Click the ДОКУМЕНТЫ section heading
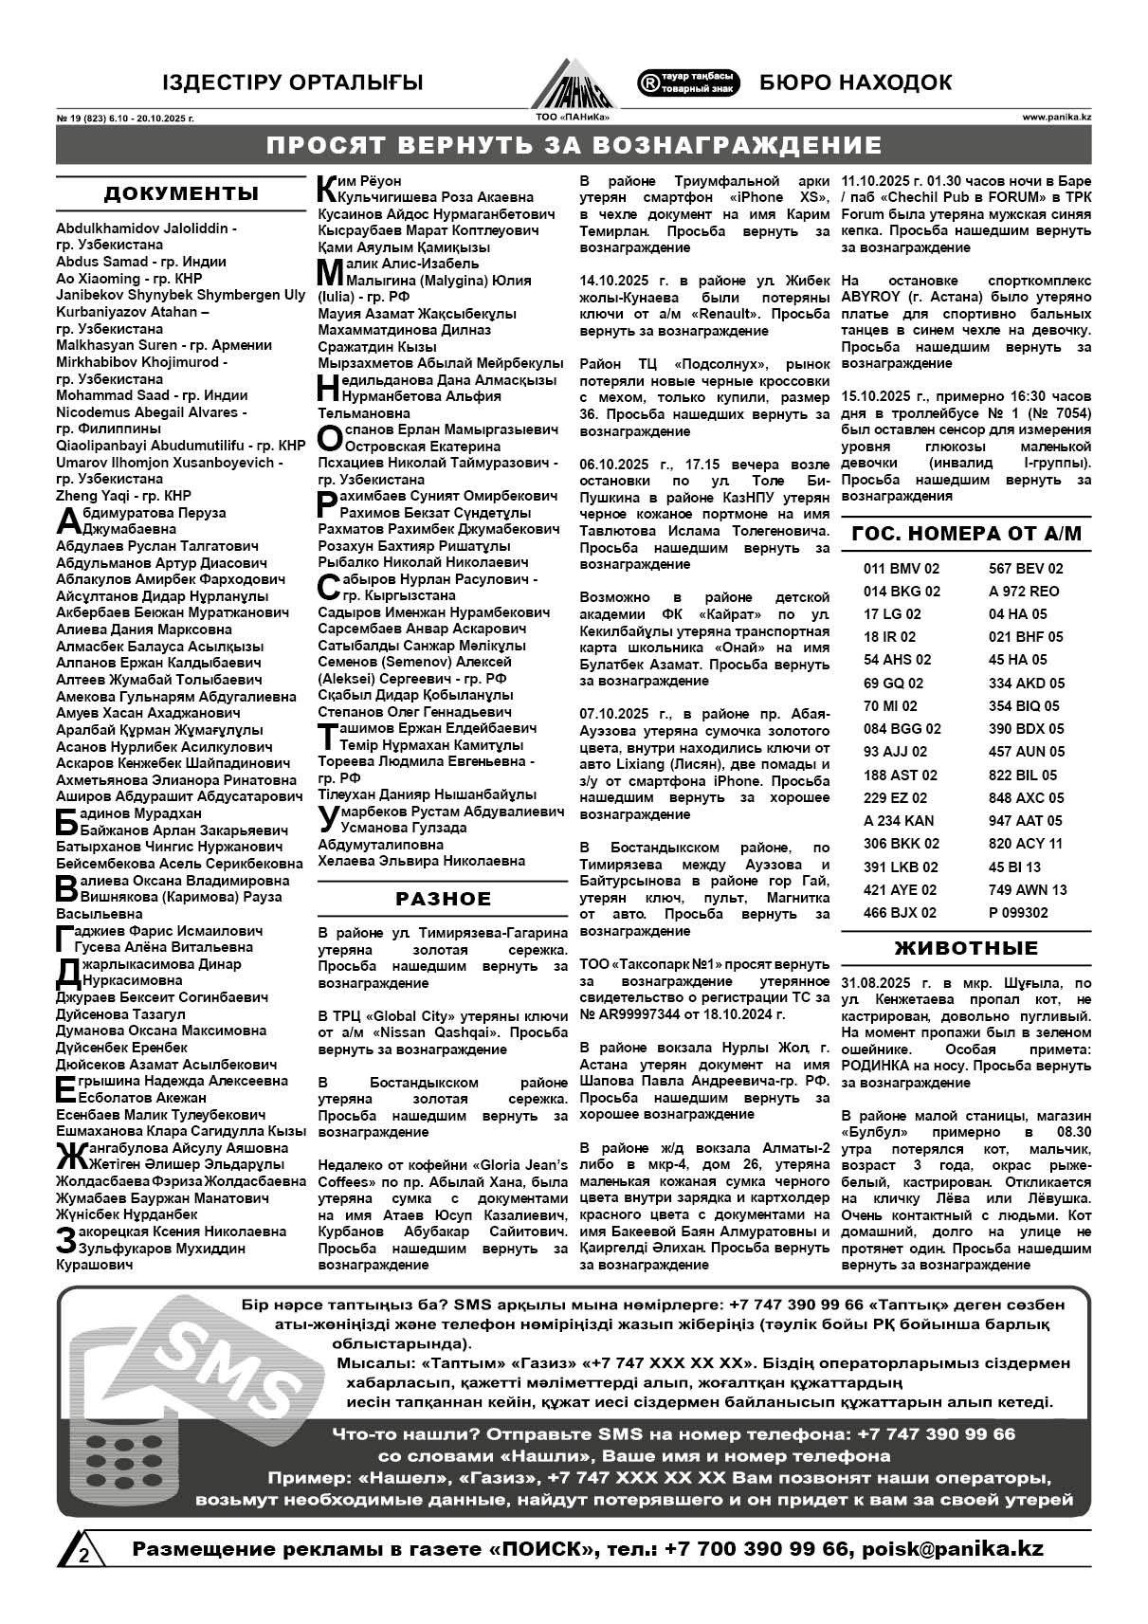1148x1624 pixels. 181,194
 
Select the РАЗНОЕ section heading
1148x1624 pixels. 444,899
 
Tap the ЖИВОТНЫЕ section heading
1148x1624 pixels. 966,948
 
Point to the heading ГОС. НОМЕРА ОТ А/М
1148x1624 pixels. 966,534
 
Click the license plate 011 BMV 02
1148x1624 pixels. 902,569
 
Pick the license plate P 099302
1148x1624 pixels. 1018,913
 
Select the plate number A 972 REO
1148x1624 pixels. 1024,592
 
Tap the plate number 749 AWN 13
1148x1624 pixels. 1028,890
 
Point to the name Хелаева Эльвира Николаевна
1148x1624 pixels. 421,861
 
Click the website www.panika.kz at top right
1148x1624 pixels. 1056,119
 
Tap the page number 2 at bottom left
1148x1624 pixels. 84,1556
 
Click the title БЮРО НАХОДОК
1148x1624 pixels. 855,82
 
